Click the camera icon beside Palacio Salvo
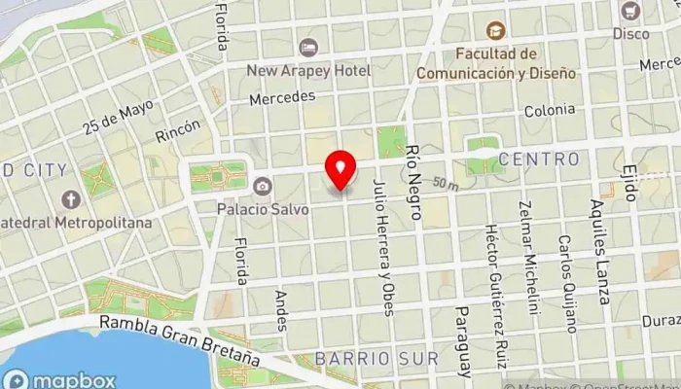pyautogui.click(x=263, y=186)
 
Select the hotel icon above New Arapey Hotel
pyautogui.click(x=308, y=48)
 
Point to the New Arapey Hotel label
pyautogui.click(x=308, y=71)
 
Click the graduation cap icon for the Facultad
pyautogui.click(x=496, y=31)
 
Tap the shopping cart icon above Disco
pyautogui.click(x=630, y=11)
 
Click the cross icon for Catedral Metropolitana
pyautogui.click(x=70, y=199)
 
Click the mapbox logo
pyautogui.click(x=60, y=380)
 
